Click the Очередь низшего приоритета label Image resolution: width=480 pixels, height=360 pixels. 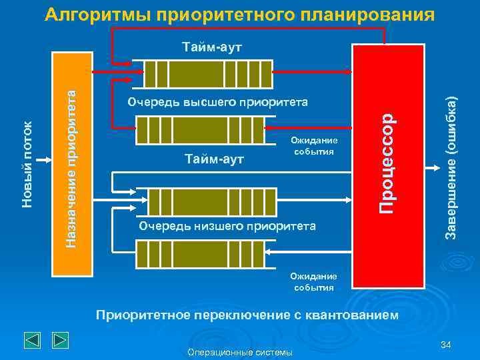pos(227,225)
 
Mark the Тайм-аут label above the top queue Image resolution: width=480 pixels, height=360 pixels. pos(213,47)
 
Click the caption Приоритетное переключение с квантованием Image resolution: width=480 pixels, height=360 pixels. pos(247,314)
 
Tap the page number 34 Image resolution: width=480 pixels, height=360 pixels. pos(446,345)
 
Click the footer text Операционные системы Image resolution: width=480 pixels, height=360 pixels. pos(240,352)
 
